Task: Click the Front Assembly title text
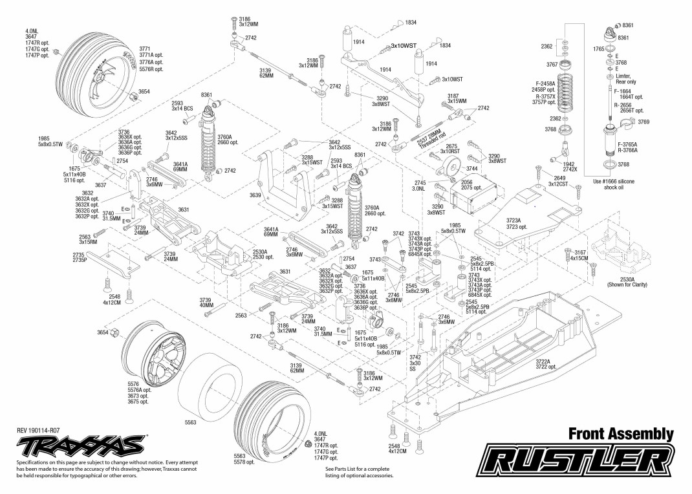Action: click(x=622, y=434)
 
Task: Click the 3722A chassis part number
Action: click(x=543, y=361)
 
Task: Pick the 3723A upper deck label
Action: click(x=514, y=220)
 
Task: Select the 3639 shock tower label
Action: click(x=255, y=195)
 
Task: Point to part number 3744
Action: click(x=472, y=168)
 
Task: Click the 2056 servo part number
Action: click(x=467, y=182)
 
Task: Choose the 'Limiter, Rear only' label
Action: click(x=625, y=79)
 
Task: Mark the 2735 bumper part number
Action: click(x=79, y=255)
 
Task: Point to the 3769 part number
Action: click(x=643, y=122)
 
